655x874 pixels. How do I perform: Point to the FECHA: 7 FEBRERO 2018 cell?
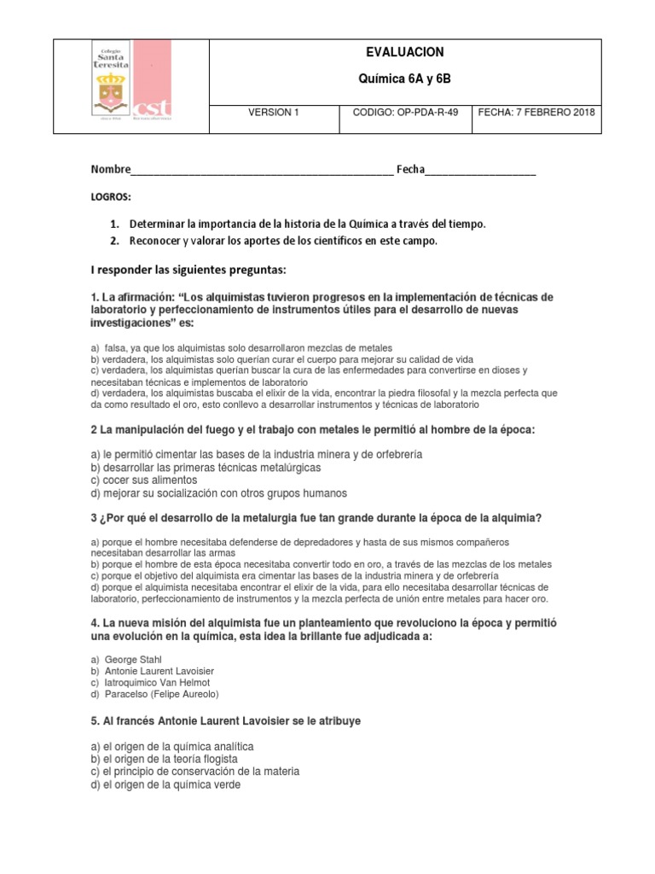[536, 112]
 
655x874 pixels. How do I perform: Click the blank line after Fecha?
[481, 171]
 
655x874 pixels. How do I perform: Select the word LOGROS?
[111, 197]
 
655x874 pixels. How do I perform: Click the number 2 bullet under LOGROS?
[113, 241]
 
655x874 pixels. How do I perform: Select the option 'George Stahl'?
[131, 660]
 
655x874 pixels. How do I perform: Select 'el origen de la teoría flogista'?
[164, 759]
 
